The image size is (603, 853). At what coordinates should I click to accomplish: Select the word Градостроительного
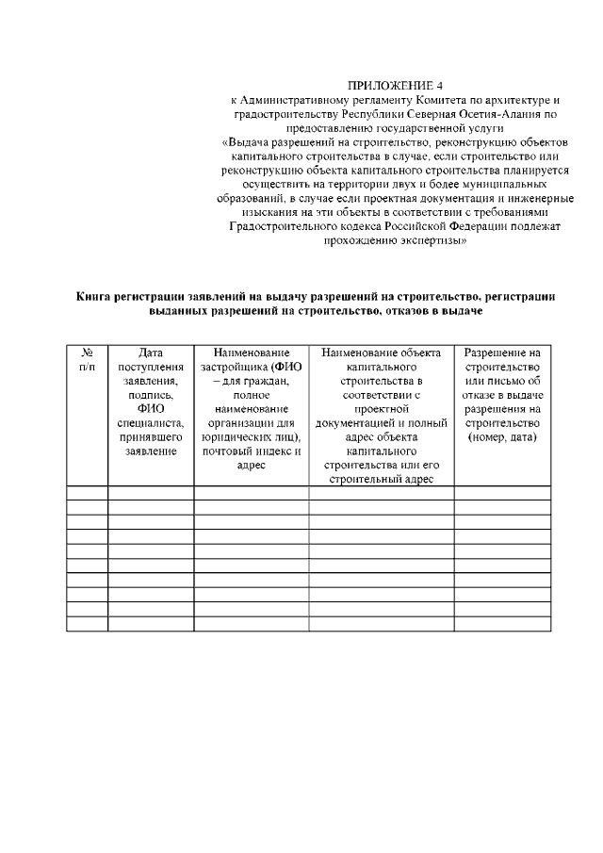pyautogui.click(x=282, y=227)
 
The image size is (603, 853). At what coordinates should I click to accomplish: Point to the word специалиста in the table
pyautogui.click(x=151, y=423)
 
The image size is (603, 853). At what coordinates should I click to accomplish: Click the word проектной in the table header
pyautogui.click(x=382, y=409)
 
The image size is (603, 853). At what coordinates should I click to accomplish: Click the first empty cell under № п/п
pyautogui.click(x=87, y=492)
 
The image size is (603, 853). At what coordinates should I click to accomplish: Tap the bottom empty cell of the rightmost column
pyautogui.click(x=502, y=623)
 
